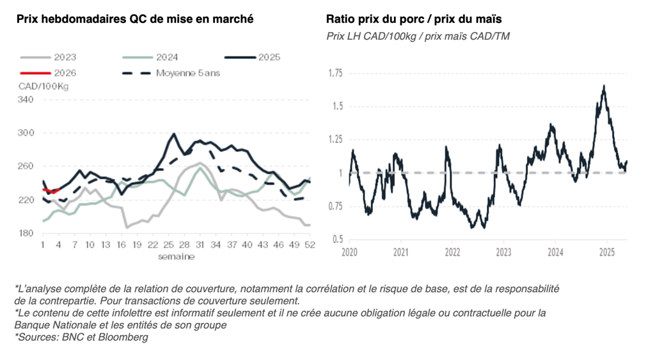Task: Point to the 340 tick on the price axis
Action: [x=26, y=100]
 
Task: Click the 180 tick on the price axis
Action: [x=26, y=233]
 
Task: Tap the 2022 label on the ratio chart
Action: [x=452, y=252]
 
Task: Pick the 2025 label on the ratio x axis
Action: [x=606, y=252]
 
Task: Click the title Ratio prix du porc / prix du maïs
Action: [x=413, y=19]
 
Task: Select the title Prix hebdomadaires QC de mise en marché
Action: [x=135, y=19]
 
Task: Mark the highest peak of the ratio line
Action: [x=604, y=86]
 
